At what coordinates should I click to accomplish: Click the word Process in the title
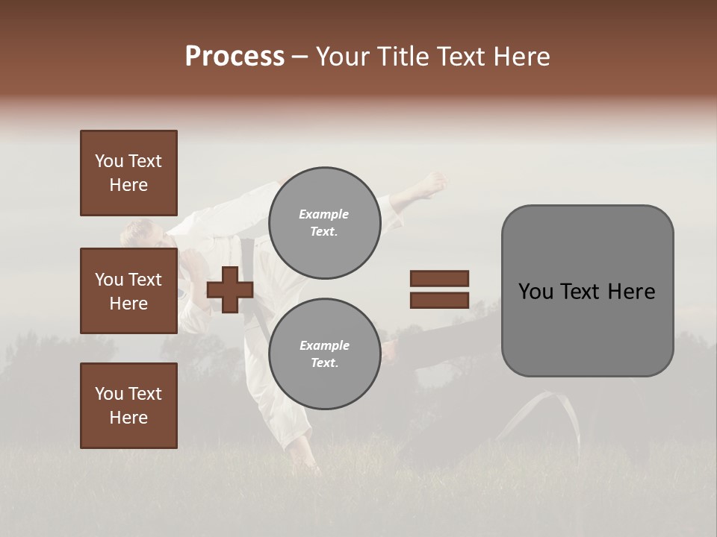[235, 57]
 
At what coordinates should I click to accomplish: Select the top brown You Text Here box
[128, 173]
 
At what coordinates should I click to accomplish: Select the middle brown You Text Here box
[128, 291]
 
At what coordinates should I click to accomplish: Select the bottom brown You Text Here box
[128, 406]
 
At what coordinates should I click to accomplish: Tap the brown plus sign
[230, 289]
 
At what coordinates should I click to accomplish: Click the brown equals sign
[439, 289]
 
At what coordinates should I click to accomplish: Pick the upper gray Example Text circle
[324, 223]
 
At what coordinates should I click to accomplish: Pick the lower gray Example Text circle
[324, 354]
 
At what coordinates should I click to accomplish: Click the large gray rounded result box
[587, 291]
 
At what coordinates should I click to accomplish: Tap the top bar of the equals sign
[439, 279]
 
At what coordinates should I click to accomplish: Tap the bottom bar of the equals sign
[439, 300]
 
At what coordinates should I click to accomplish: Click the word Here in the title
[522, 57]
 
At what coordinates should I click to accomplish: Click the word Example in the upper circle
[324, 214]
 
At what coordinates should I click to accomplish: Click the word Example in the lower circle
[324, 345]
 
